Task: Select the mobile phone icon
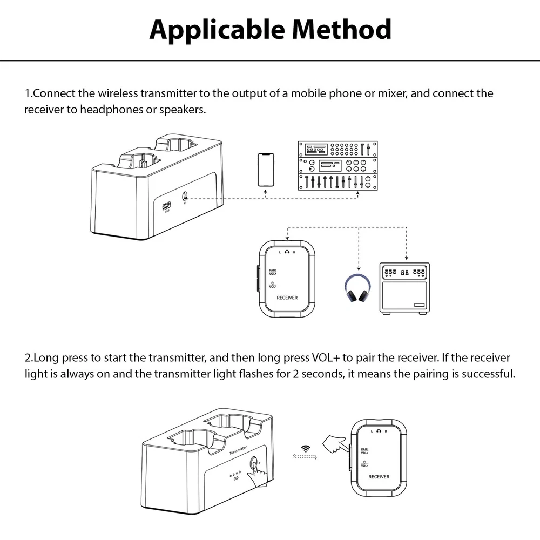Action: pos(265,170)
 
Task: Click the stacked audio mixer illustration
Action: pos(337,166)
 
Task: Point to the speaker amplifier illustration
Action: pos(404,288)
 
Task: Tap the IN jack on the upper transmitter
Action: pos(186,198)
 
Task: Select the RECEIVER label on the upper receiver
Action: pos(287,298)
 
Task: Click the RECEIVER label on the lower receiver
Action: pos(379,477)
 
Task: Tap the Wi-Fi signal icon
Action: pos(306,449)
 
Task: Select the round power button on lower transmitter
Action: pos(254,464)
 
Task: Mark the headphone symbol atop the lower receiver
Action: pos(380,430)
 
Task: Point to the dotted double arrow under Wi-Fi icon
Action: pos(306,457)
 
